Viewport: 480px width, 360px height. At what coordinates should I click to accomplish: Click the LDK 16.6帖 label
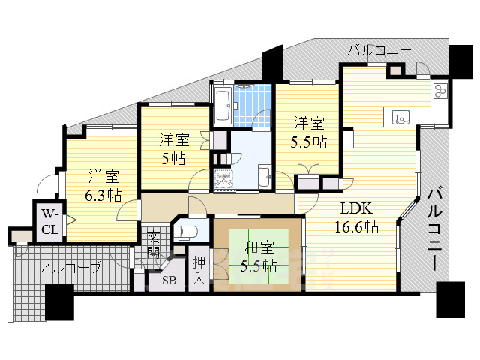(359, 215)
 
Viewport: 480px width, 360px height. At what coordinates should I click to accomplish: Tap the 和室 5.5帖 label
(258, 255)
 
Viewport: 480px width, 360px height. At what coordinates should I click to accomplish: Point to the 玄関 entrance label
(153, 244)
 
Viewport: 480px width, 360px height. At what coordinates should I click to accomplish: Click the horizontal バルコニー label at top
(379, 51)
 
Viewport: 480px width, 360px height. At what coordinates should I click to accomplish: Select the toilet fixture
(188, 231)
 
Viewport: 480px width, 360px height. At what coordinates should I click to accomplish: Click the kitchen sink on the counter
(399, 116)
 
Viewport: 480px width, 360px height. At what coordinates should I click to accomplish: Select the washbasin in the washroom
(264, 178)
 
